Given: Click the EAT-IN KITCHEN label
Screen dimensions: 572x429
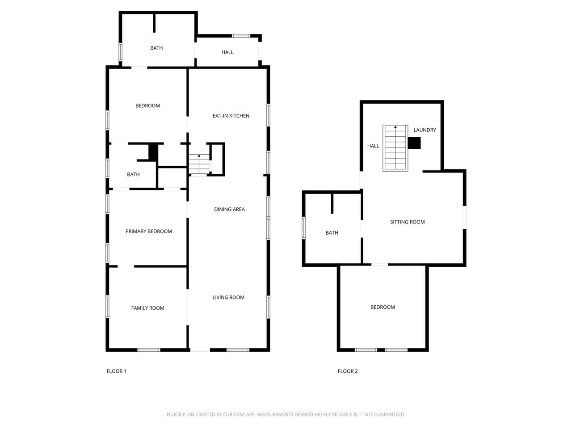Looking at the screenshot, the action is pos(231,116).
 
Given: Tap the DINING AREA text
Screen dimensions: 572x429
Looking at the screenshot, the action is pos(229,210).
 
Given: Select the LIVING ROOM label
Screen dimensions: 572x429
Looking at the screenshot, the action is pos(228,298).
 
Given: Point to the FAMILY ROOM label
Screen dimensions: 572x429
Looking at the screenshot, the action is pos(147,308).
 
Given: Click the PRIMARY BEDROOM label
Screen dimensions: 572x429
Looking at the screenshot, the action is pos(148,231).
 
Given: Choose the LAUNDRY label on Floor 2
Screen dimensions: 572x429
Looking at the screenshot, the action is pos(425,130).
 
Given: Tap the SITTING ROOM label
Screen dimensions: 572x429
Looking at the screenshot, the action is pos(407,222).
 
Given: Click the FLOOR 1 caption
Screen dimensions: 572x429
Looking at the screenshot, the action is pos(116,371).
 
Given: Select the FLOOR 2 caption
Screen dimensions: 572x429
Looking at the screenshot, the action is pos(348,371).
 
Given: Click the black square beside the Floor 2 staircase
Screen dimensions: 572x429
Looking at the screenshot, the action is pos(414,143).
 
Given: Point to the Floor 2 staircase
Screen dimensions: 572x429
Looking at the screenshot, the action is pos(395,148).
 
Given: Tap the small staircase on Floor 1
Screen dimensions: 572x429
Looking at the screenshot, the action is pos(199,164).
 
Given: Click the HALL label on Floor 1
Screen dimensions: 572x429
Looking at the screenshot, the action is pos(227,52).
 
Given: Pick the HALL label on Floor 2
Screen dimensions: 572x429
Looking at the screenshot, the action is pos(373,146).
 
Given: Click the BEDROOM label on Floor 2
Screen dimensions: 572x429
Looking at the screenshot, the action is pos(383,307).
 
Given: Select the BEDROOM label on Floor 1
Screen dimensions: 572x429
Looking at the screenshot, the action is pos(147,106).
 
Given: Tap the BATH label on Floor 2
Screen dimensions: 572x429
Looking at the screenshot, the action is pos(332,233).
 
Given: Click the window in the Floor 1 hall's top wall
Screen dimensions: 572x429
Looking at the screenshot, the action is pos(241,36).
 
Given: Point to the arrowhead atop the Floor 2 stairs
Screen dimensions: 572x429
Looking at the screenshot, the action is pos(395,127).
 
